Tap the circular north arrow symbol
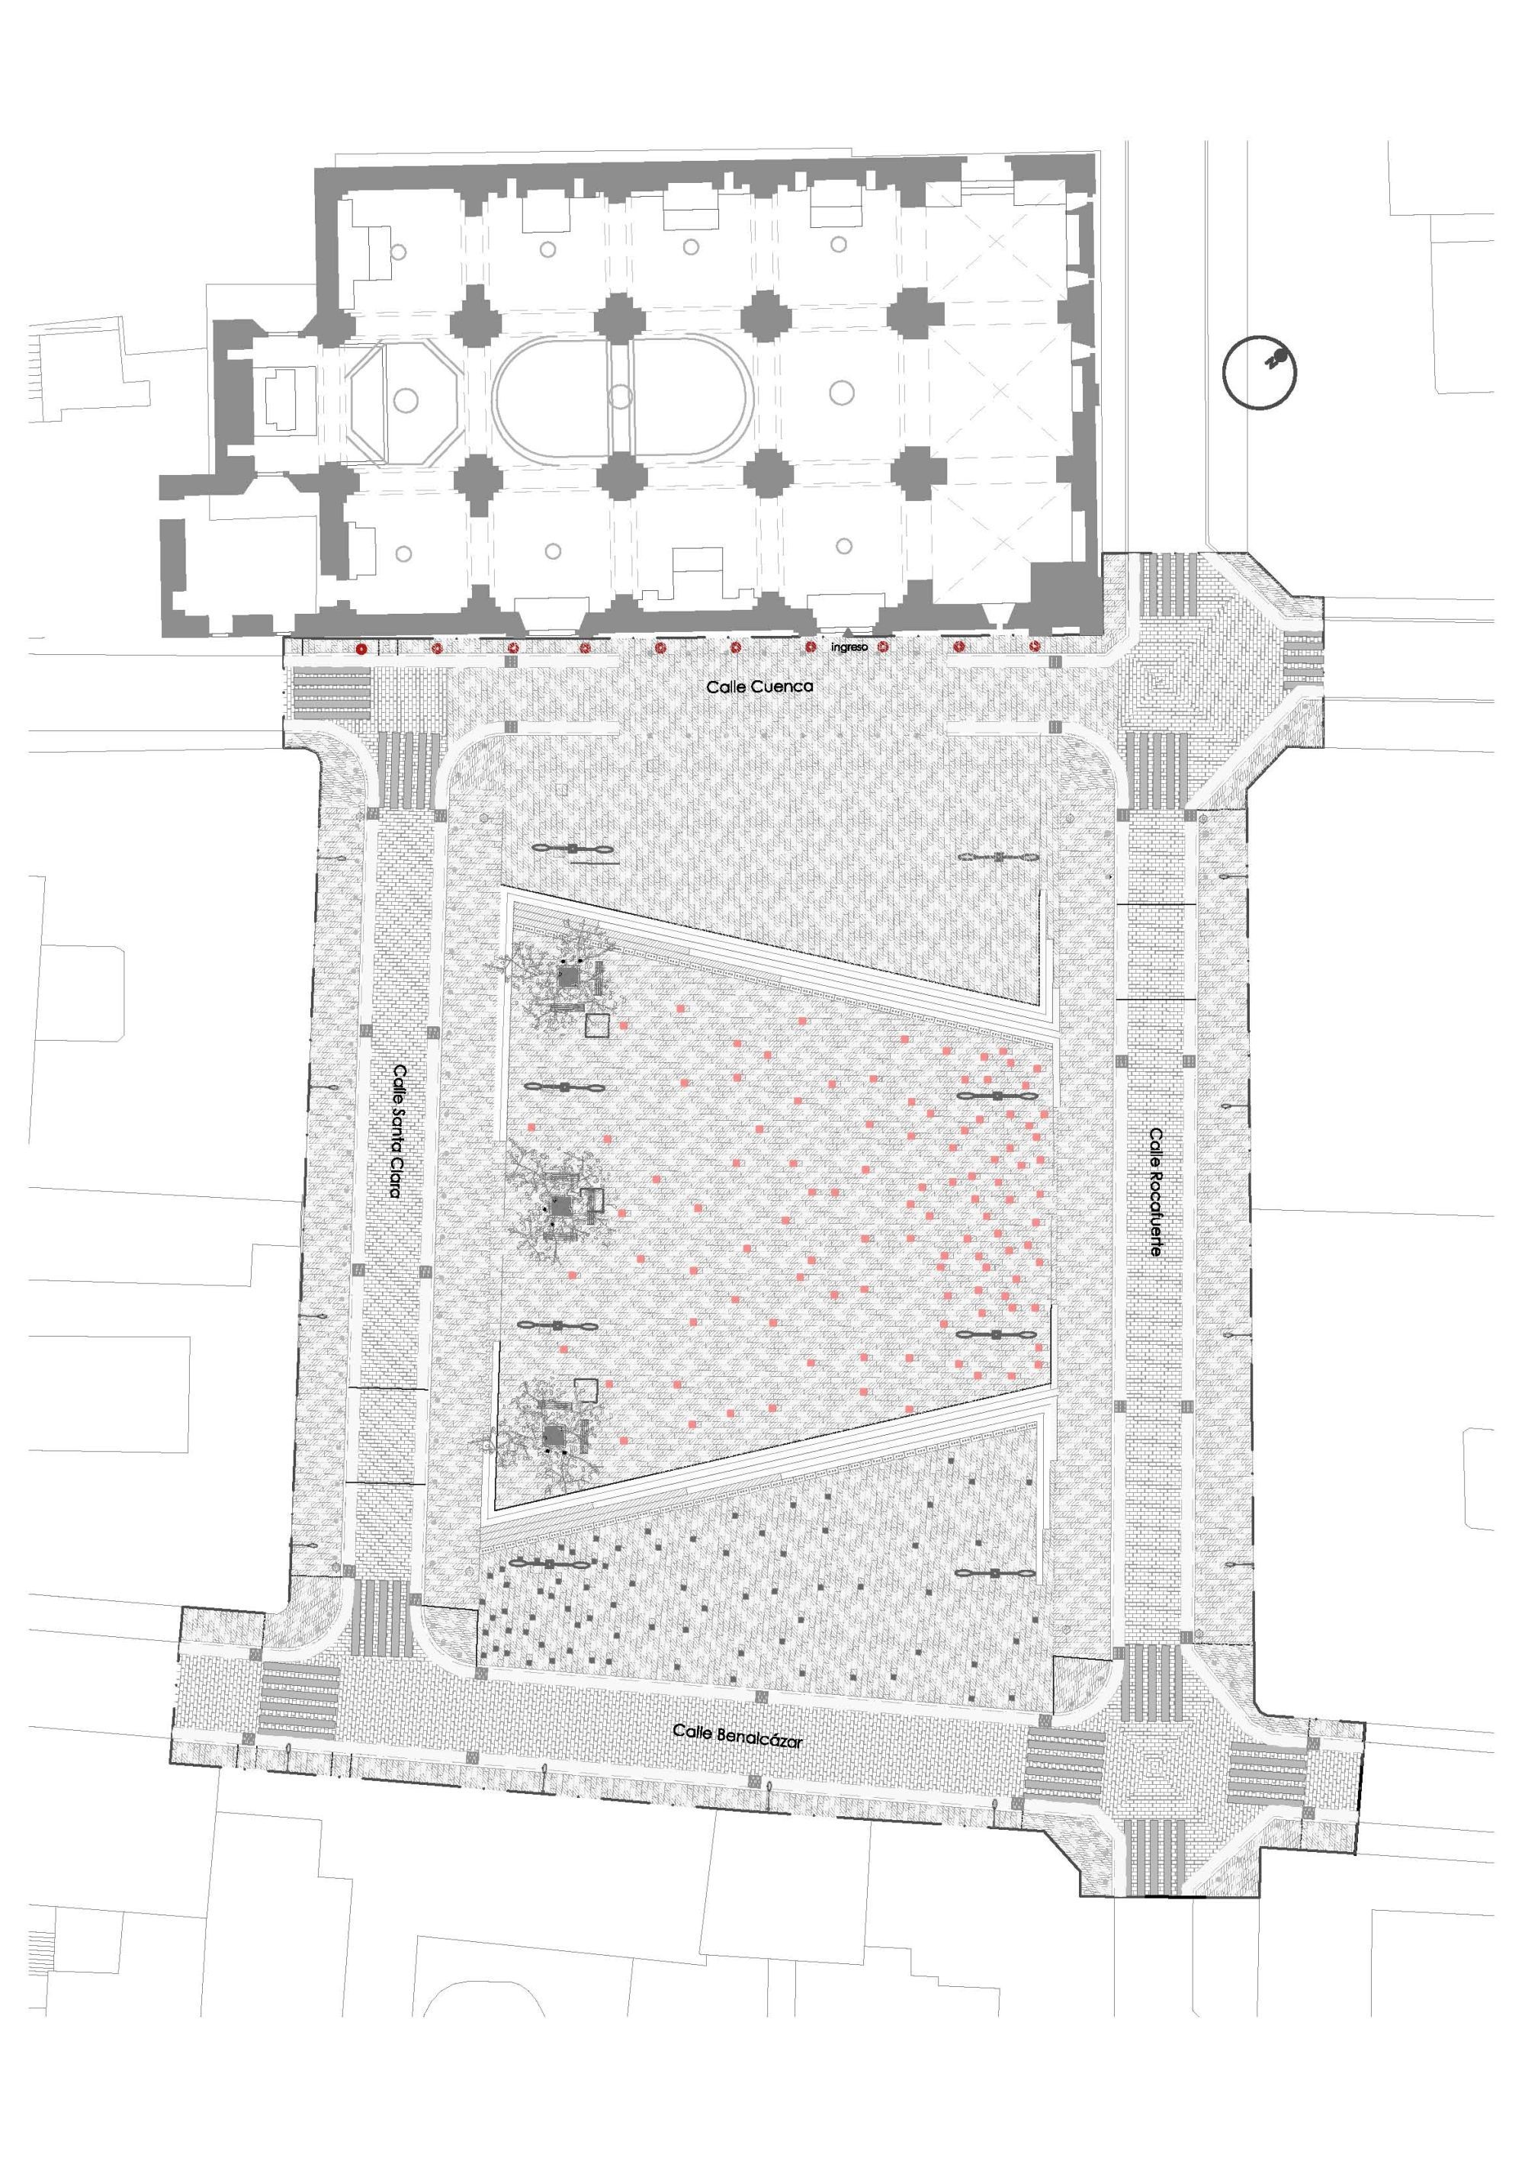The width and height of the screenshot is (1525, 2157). point(1259,371)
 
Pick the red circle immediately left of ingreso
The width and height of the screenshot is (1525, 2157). point(811,647)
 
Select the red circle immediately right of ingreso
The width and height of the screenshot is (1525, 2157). point(882,647)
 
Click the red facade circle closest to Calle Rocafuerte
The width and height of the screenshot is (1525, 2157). point(1035,647)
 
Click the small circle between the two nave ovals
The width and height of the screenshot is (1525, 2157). point(619,396)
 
